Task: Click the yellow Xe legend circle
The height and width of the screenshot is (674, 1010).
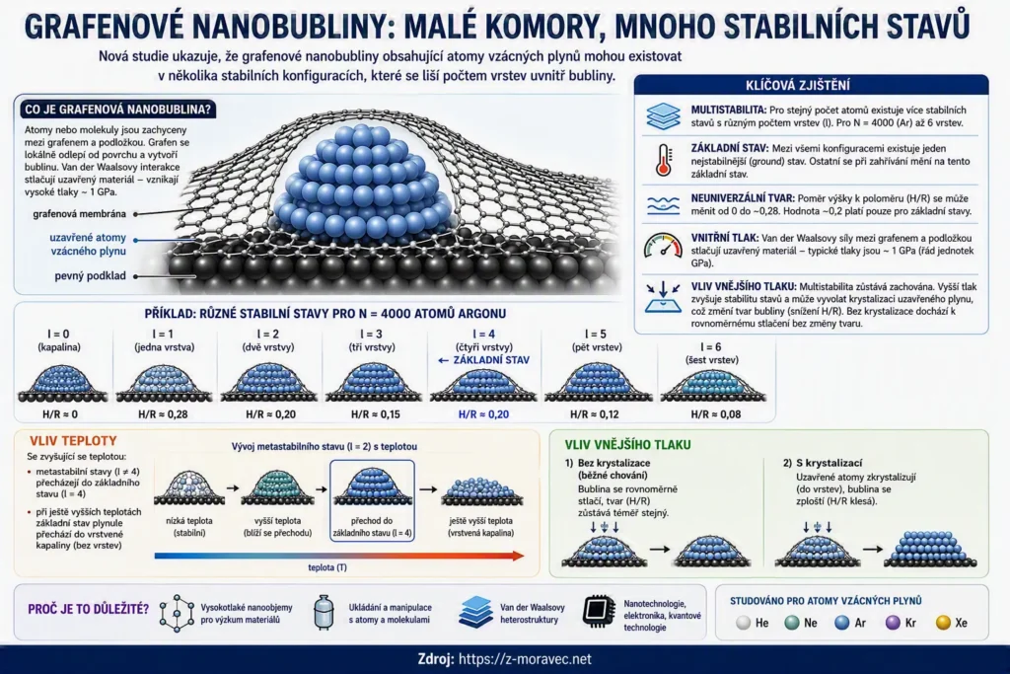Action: click(x=943, y=623)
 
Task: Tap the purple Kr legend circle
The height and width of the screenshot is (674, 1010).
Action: click(x=892, y=623)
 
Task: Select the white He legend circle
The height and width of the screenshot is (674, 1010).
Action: click(x=744, y=623)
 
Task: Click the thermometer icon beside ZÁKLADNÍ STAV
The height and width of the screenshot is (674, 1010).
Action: click(x=663, y=160)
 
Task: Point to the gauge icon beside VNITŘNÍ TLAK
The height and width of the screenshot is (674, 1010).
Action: click(x=663, y=246)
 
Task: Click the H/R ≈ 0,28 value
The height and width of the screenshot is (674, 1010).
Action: click(x=163, y=414)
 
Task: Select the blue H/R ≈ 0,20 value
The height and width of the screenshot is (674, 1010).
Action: click(x=483, y=414)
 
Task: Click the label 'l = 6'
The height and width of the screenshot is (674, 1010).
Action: click(x=710, y=346)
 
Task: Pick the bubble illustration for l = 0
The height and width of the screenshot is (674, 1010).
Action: click(x=61, y=383)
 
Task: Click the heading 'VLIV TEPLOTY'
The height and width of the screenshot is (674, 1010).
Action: click(x=73, y=441)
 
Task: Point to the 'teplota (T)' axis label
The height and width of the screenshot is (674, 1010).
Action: click(x=327, y=567)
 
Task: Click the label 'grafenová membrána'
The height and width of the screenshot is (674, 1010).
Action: click(x=79, y=214)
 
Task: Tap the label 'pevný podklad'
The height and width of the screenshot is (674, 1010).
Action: click(x=90, y=275)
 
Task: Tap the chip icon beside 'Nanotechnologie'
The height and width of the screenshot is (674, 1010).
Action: click(x=599, y=611)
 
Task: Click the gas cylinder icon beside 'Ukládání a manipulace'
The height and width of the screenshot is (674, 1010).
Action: click(x=324, y=612)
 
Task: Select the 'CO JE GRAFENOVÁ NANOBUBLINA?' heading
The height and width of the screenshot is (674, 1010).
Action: click(x=118, y=110)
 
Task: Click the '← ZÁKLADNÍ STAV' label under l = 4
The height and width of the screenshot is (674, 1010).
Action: click(x=483, y=360)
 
